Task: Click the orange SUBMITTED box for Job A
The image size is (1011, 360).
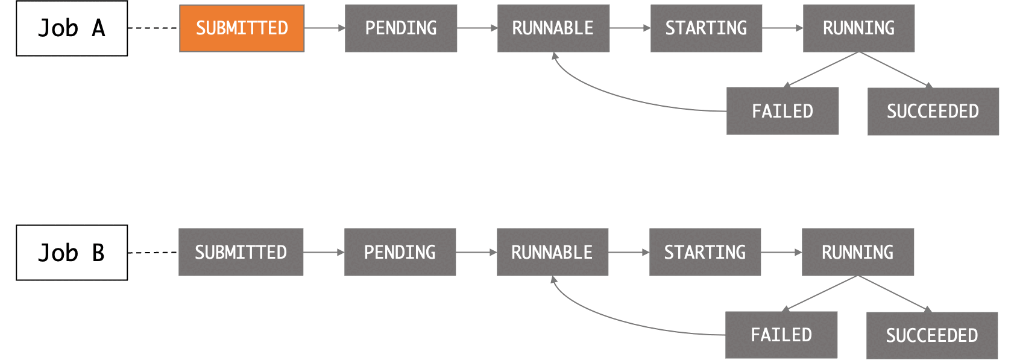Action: [x=242, y=28]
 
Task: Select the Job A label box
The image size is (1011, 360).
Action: [x=72, y=28]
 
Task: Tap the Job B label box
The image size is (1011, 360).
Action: [x=72, y=253]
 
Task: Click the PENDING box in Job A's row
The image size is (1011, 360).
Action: [x=401, y=28]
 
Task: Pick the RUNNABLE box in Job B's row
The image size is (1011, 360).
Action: [x=552, y=252]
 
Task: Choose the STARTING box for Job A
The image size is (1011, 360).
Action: [x=706, y=28]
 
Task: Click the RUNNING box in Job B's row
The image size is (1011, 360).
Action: [x=858, y=252]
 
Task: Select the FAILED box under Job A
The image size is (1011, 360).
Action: [x=783, y=111]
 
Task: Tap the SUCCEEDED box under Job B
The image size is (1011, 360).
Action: [x=932, y=335]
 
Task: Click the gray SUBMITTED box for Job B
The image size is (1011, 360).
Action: [x=241, y=252]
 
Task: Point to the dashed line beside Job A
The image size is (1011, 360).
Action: [x=153, y=28]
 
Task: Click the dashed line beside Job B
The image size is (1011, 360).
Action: [x=153, y=253]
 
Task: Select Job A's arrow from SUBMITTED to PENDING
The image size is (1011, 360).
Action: [x=324, y=28]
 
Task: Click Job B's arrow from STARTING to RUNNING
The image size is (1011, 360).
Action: [x=781, y=252]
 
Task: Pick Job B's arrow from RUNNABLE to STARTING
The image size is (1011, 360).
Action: [x=628, y=252]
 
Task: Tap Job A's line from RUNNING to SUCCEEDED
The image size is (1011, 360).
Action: [x=894, y=69]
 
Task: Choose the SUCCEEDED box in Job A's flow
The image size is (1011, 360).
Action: [x=933, y=112]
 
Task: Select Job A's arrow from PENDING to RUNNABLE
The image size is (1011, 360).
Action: [x=476, y=28]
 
